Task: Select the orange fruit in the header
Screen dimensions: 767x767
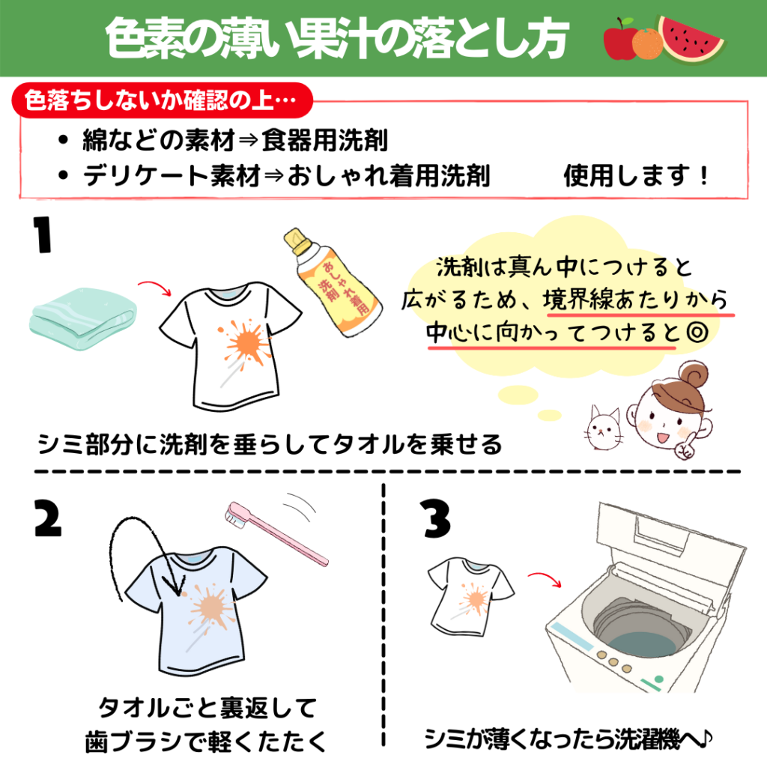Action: pyautogui.click(x=647, y=43)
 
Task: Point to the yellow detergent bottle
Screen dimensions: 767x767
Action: pyautogui.click(x=333, y=283)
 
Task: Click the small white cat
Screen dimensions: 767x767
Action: pyautogui.click(x=604, y=427)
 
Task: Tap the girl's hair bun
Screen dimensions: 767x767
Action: pyautogui.click(x=694, y=375)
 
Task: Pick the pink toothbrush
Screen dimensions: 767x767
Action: pyautogui.click(x=276, y=533)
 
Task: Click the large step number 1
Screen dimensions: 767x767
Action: pyautogui.click(x=43, y=234)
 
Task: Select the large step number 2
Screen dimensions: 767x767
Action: pyautogui.click(x=48, y=518)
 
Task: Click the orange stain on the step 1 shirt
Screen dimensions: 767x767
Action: pyautogui.click(x=246, y=343)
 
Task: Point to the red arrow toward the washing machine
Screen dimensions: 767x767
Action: pyautogui.click(x=545, y=577)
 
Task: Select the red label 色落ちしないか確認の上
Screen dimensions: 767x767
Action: pyautogui.click(x=162, y=100)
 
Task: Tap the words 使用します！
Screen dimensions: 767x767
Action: pyautogui.click(x=636, y=175)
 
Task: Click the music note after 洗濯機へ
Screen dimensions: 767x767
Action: pyautogui.click(x=704, y=739)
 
